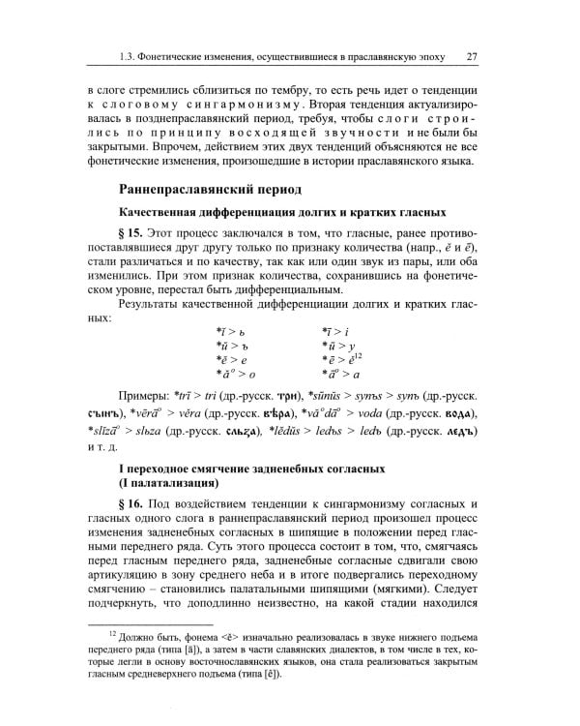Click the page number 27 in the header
pos(472,55)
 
